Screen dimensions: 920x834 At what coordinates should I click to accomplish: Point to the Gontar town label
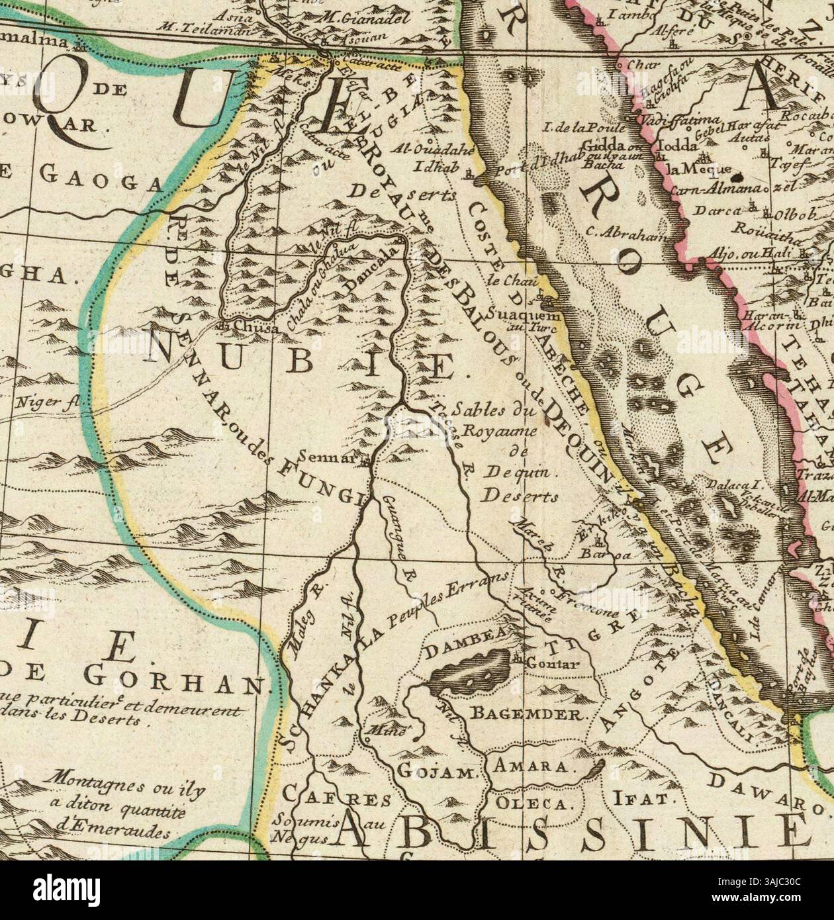click(551, 663)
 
